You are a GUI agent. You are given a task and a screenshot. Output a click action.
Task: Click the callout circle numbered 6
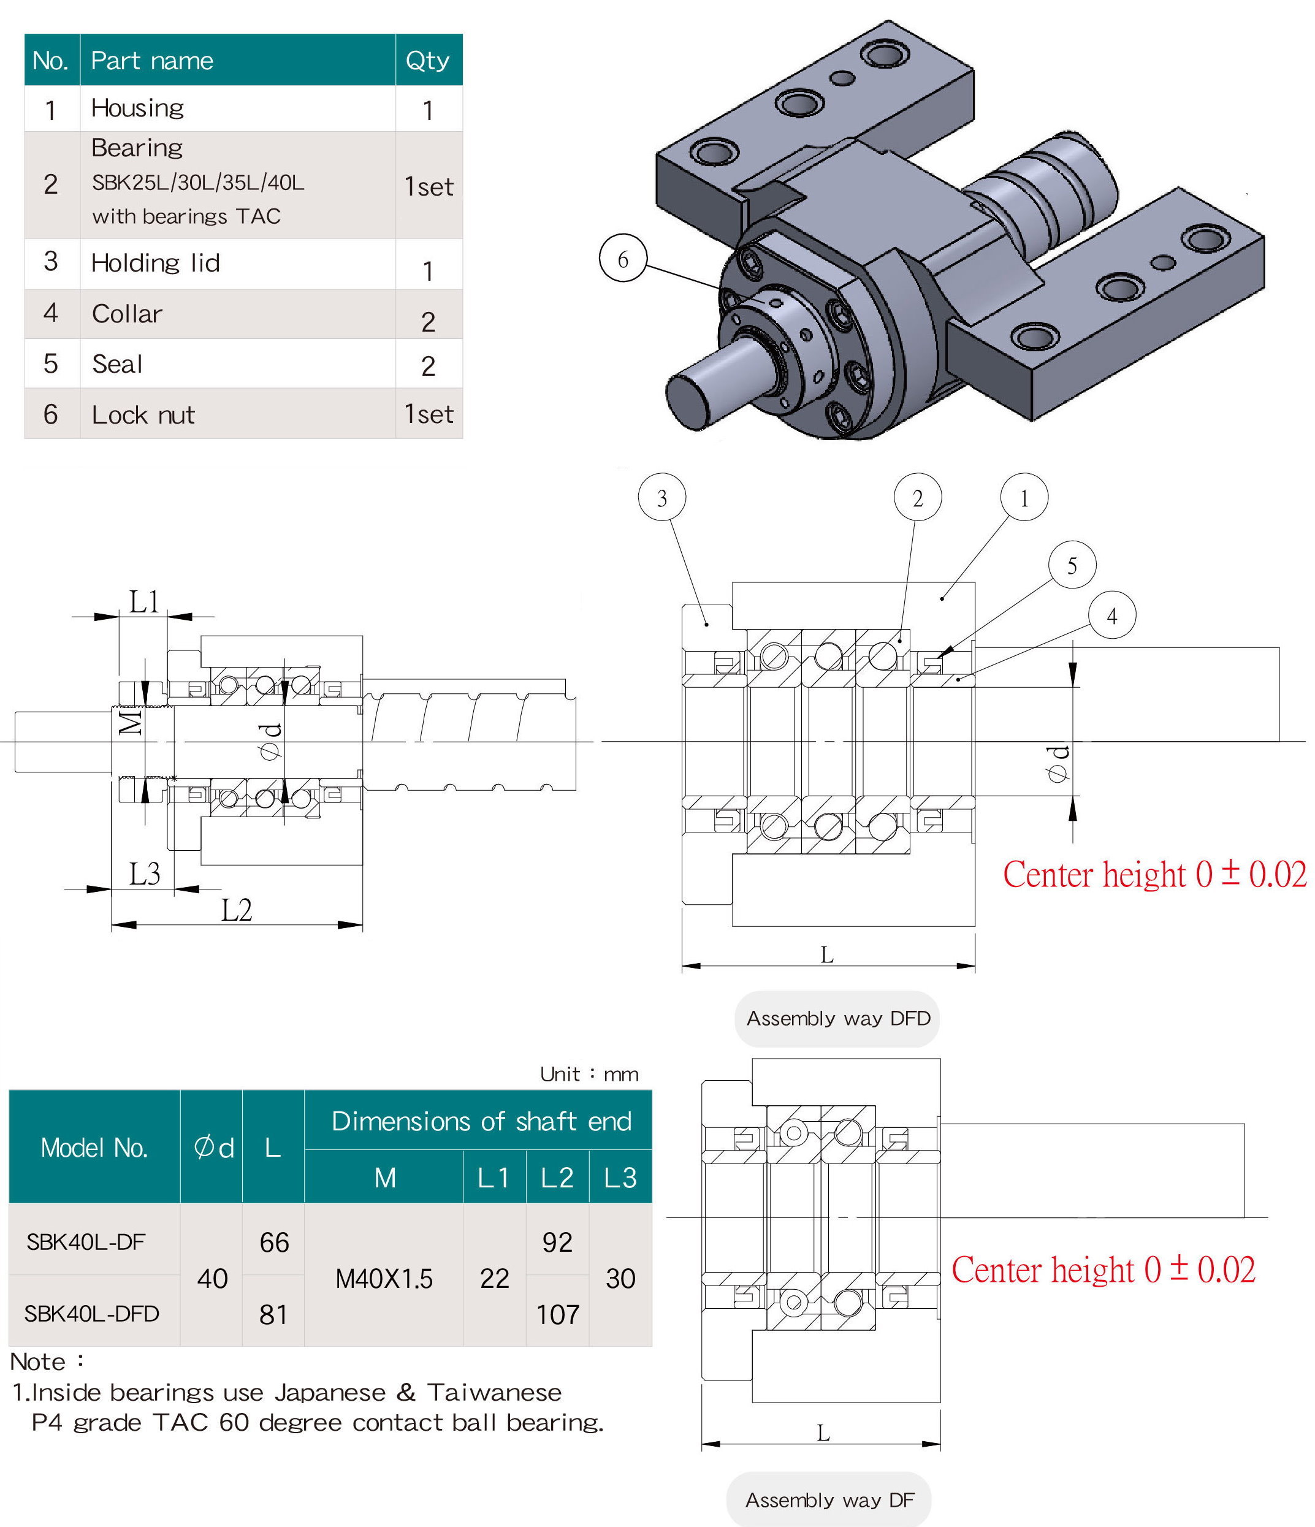point(622,259)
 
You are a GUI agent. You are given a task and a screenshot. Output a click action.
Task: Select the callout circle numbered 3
point(661,498)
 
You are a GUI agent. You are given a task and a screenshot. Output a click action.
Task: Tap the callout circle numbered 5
point(1072,565)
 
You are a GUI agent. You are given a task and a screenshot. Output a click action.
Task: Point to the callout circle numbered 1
point(1023,498)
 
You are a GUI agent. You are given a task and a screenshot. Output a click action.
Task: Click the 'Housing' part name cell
point(137,109)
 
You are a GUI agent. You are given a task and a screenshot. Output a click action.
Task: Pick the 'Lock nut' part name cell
point(143,415)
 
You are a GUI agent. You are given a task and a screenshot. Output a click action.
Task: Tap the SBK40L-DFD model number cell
point(92,1313)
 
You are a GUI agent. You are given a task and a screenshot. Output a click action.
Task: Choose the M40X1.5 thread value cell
point(383,1279)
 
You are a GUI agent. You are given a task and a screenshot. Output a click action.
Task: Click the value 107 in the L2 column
point(557,1314)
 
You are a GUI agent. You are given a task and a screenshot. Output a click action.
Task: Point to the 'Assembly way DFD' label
point(837,1018)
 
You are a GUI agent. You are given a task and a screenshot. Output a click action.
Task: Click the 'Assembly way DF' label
point(829,1500)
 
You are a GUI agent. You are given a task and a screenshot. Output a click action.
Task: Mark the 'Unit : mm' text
point(589,1074)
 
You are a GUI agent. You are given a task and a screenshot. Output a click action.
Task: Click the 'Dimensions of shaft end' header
point(481,1121)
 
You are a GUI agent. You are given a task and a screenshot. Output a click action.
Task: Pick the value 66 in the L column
point(273,1243)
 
